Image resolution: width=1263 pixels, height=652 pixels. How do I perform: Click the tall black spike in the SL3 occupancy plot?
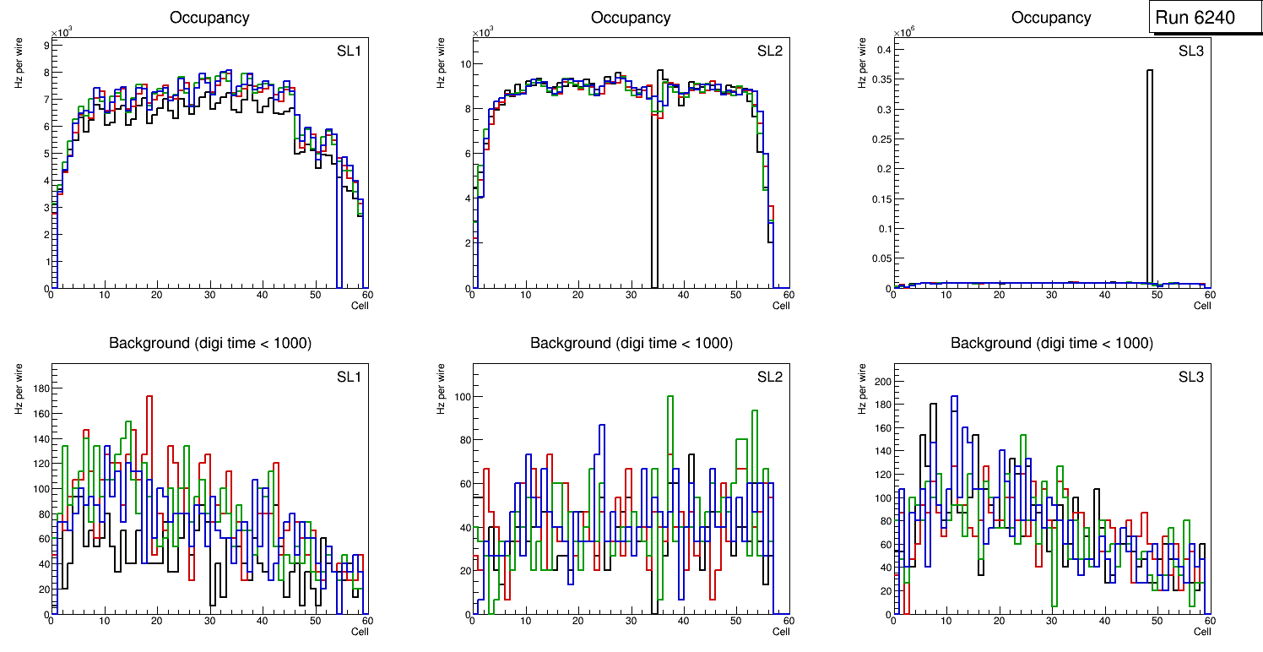pyautogui.click(x=1150, y=169)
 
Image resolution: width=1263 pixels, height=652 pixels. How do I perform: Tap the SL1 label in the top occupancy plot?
pyautogui.click(x=349, y=51)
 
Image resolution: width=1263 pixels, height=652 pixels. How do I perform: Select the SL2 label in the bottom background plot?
pyautogui.click(x=770, y=377)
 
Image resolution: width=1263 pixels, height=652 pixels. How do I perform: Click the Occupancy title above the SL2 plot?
pyautogui.click(x=631, y=18)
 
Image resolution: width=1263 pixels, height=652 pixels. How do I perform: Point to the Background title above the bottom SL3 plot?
pyautogui.click(x=1052, y=343)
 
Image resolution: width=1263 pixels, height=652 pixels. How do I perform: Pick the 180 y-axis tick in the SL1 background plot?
pyautogui.click(x=37, y=388)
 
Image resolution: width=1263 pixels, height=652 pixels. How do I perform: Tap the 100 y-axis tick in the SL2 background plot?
pyautogui.click(x=458, y=397)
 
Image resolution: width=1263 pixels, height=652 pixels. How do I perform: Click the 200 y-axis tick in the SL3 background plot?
pyautogui.click(x=880, y=382)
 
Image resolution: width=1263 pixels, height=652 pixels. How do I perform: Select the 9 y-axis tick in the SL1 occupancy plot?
pyautogui.click(x=44, y=45)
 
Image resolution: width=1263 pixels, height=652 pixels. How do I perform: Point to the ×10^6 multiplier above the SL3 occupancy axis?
pyautogui.click(x=904, y=32)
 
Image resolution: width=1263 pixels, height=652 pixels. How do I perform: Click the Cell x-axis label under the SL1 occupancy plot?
pyautogui.click(x=360, y=306)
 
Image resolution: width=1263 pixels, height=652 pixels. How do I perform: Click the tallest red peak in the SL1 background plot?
pyautogui.click(x=149, y=397)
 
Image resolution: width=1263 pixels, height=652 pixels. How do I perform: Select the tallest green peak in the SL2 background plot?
pyautogui.click(x=670, y=397)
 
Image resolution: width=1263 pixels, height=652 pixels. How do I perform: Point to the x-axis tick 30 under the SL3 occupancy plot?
pyautogui.click(x=1051, y=295)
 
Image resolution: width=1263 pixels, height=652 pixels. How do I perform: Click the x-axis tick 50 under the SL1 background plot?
pyautogui.click(x=314, y=622)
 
